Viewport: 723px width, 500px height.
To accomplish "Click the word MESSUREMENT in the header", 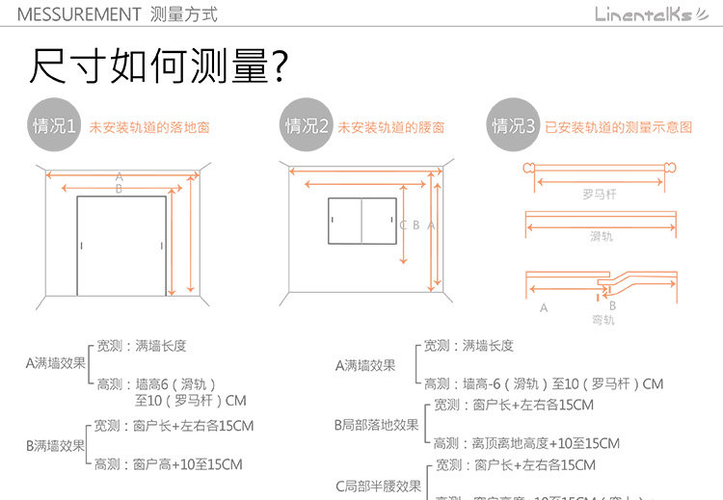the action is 79,14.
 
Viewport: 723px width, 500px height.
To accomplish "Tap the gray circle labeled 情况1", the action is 55,126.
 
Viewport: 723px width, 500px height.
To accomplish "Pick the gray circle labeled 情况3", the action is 514,126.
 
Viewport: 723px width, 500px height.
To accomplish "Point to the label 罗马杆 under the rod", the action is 599,194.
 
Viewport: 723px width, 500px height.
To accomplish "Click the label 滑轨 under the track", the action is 601,236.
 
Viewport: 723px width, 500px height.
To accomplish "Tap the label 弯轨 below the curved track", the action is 602,320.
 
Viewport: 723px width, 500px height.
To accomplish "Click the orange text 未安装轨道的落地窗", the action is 149,127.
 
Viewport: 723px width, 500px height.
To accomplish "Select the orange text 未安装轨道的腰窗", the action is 391,127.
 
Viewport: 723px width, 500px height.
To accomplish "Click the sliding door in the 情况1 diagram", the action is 121,248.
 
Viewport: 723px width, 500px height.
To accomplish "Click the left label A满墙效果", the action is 55,363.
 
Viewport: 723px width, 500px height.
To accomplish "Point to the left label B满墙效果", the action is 55,445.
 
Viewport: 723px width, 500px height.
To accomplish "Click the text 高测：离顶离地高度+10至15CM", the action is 525,443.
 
